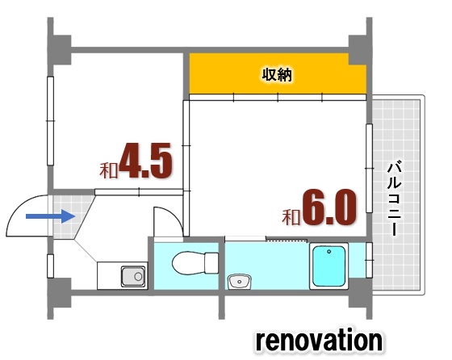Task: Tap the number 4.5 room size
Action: click(146, 161)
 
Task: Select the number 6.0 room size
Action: click(329, 207)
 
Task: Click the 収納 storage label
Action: click(277, 75)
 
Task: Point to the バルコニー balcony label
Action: click(395, 198)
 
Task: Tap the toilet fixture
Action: click(197, 262)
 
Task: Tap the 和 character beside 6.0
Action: click(291, 217)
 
